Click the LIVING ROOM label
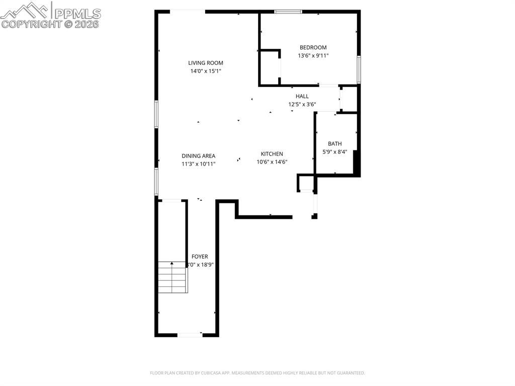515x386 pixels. pyautogui.click(x=205, y=63)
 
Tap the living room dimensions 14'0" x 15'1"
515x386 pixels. pyautogui.click(x=205, y=71)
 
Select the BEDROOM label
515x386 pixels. pyautogui.click(x=313, y=47)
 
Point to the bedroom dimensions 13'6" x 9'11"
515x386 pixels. pyautogui.click(x=313, y=56)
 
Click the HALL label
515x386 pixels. pyautogui.click(x=302, y=96)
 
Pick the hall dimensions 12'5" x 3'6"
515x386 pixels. pyautogui.click(x=302, y=105)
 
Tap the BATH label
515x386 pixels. pyautogui.click(x=334, y=143)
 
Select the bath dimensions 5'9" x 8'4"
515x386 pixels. pyautogui.click(x=334, y=151)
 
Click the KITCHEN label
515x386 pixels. pyautogui.click(x=272, y=154)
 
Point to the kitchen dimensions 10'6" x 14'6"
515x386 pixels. pyautogui.click(x=272, y=162)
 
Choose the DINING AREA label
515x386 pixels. pyautogui.click(x=198, y=156)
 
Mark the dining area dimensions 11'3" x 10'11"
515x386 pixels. pyautogui.click(x=198, y=164)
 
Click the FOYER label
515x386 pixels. pyautogui.click(x=200, y=257)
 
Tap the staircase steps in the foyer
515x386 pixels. pyautogui.click(x=173, y=279)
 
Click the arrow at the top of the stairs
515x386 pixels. pyautogui.click(x=173, y=263)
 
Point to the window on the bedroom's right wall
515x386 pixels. pyautogui.click(x=359, y=69)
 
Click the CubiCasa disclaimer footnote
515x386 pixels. pyautogui.click(x=257, y=373)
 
